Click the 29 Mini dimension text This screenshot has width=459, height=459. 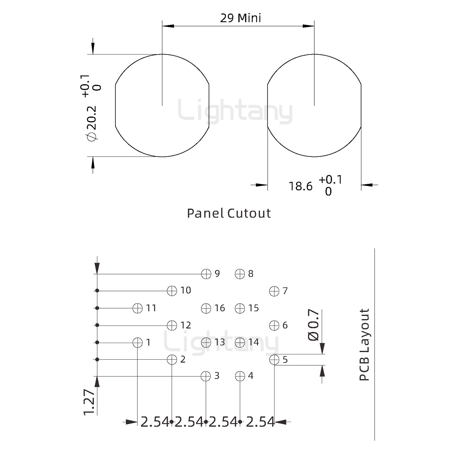(241, 18)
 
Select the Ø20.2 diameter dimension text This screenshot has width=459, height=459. (91, 123)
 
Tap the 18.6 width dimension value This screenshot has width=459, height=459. (301, 186)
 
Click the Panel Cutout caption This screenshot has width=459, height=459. (229, 213)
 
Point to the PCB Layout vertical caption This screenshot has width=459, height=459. (364, 345)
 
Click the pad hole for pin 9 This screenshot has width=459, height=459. (206, 274)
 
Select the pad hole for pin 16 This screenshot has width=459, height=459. (206, 308)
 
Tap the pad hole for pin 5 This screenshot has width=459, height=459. (274, 360)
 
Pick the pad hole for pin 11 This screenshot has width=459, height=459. (137, 308)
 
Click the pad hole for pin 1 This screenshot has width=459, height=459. (137, 343)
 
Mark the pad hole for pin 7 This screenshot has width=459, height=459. (274, 291)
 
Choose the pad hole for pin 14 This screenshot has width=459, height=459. (240, 343)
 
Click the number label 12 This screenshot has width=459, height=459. (186, 325)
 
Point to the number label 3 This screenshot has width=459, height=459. (217, 376)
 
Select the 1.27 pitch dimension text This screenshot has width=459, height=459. (90, 402)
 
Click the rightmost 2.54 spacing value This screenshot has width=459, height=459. (260, 422)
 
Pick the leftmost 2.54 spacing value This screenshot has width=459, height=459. (155, 422)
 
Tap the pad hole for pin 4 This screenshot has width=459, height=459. (240, 376)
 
